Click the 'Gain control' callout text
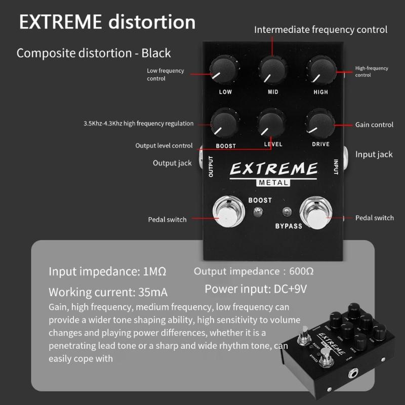(374, 125)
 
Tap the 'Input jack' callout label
(374, 154)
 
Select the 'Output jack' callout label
(172, 163)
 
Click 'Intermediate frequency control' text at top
(320, 30)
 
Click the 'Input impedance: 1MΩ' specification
(107, 271)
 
